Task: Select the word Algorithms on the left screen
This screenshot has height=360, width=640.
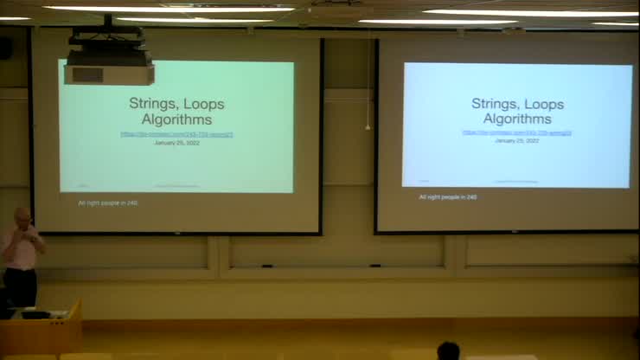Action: (176, 119)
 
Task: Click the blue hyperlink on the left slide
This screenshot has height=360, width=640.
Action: (176, 134)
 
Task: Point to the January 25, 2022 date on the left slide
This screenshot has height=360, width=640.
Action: (176, 143)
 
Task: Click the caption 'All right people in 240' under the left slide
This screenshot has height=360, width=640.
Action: (107, 202)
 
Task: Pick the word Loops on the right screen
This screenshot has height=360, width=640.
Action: (543, 104)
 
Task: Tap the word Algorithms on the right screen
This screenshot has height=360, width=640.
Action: (517, 119)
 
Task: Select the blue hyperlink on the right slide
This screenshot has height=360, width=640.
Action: (517, 132)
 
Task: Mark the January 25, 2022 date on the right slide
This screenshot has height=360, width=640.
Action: (517, 140)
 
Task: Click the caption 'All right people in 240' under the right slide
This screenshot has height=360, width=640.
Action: (448, 197)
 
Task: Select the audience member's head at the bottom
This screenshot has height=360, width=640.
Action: (448, 350)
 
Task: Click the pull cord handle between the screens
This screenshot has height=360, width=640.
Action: (368, 127)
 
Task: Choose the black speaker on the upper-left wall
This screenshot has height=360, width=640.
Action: (6, 48)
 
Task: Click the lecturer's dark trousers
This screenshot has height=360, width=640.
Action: (21, 286)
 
